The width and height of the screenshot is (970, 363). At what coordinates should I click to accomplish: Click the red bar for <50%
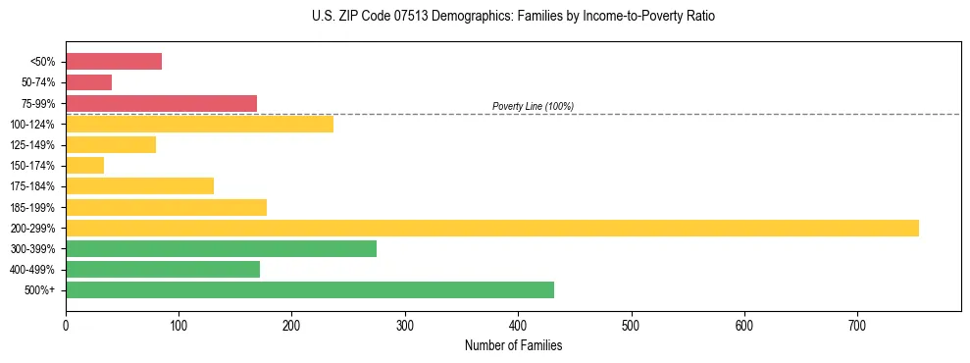(114, 62)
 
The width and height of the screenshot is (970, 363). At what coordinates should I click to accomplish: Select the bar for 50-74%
(88, 82)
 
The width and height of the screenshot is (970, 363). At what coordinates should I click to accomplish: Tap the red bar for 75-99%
(161, 103)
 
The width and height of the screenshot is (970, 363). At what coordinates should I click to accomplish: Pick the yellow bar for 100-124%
(199, 124)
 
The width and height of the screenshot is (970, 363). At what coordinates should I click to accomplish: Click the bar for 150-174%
(84, 166)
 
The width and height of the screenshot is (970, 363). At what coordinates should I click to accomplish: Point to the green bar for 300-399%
(221, 249)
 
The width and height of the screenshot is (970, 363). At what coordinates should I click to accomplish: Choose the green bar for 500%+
(310, 290)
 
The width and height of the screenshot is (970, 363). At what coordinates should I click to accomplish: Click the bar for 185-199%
(166, 207)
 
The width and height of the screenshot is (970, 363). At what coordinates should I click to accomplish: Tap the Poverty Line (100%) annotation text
(533, 106)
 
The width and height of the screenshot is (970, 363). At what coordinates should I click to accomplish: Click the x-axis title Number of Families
(513, 346)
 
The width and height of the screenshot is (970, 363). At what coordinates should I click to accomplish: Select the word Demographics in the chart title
(476, 17)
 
